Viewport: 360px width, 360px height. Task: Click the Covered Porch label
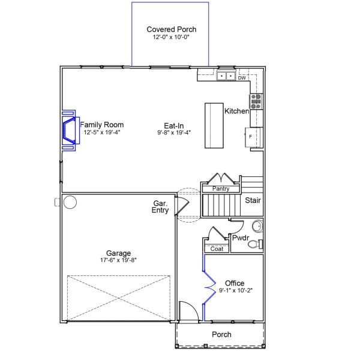[171, 29]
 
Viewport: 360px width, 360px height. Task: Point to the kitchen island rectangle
[214, 125]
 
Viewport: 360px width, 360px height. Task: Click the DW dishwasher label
[242, 78]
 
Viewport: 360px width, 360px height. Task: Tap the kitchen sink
[226, 76]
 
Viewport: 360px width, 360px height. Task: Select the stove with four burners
[256, 100]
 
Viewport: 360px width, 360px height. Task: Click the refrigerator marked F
[253, 137]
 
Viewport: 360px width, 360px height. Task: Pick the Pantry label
[220, 189]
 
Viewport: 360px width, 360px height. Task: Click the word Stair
[253, 200]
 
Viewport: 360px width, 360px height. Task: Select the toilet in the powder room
[254, 244]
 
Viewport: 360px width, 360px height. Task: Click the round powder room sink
[257, 226]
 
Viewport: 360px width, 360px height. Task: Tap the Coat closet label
[217, 248]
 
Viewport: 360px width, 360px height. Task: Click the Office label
[234, 283]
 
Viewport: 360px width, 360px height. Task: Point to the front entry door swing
[188, 311]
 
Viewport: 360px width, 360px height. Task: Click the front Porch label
[221, 335]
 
